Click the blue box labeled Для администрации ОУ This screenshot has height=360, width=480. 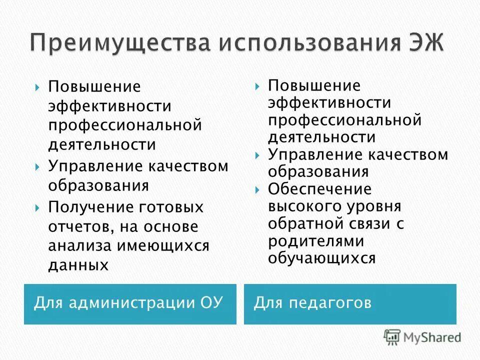(x=130, y=304)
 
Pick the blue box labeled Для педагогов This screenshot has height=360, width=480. (x=350, y=304)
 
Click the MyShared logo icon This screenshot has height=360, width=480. (x=392, y=337)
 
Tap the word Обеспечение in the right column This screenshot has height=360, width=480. (x=319, y=189)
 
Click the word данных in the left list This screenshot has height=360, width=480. (x=78, y=264)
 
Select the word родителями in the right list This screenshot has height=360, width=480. (x=316, y=241)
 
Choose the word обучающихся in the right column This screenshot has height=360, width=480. (x=321, y=258)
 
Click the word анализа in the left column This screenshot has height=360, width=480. (x=80, y=246)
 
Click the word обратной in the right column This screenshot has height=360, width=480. (x=301, y=224)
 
